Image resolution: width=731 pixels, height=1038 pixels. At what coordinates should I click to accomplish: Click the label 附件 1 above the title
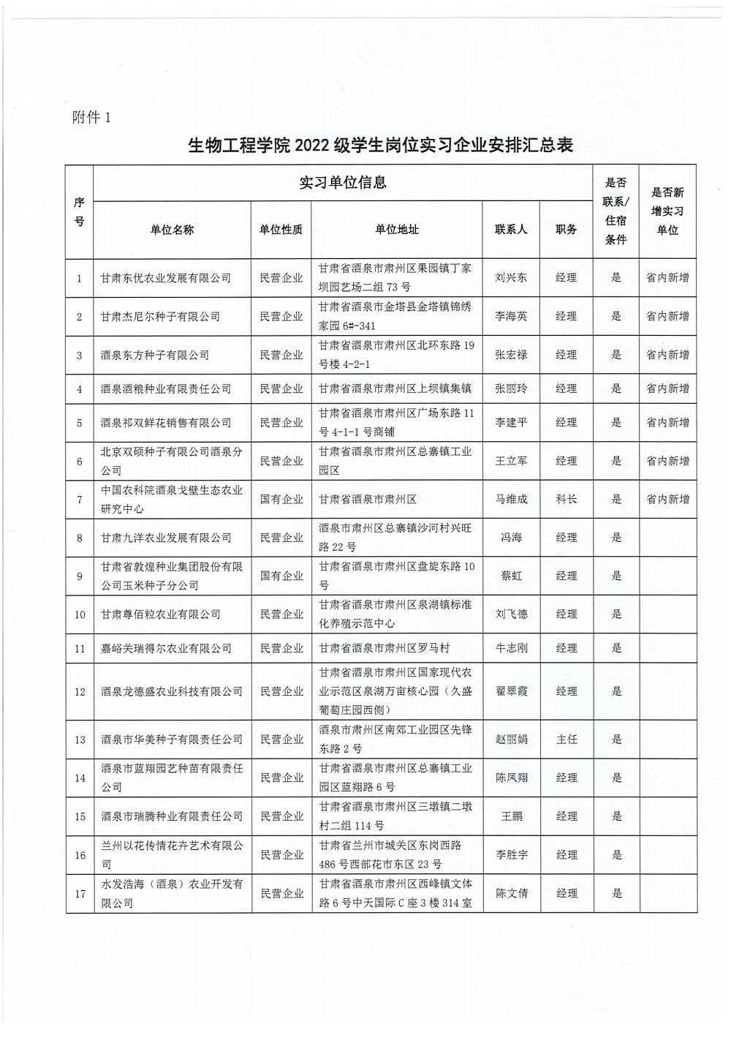(x=91, y=117)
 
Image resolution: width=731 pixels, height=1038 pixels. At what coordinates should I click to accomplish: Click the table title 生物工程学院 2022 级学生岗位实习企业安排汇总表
(x=380, y=145)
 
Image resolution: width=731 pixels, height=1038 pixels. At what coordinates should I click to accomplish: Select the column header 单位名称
(x=172, y=230)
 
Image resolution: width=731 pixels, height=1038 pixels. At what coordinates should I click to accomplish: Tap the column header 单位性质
(x=281, y=230)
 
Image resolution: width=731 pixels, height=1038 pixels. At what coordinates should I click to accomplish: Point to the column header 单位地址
(x=397, y=230)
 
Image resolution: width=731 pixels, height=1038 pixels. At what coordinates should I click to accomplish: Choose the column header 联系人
(x=511, y=230)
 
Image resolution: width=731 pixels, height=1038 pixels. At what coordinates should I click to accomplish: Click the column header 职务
(x=566, y=230)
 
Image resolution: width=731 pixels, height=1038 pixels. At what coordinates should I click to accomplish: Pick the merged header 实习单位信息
(x=343, y=183)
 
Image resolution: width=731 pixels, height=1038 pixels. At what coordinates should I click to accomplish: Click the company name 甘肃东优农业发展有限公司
(x=166, y=278)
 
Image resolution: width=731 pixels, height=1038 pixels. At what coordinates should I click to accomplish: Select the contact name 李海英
(x=511, y=317)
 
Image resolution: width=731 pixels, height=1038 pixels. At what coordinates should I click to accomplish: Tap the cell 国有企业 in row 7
(x=281, y=500)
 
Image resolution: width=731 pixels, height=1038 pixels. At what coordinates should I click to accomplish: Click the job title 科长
(x=566, y=500)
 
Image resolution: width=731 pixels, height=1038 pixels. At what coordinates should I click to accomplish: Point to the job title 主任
(x=566, y=740)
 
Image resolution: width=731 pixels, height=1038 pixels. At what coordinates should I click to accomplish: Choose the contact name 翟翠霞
(x=511, y=691)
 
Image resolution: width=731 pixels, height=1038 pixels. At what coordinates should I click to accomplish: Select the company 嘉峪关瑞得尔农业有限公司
(x=166, y=648)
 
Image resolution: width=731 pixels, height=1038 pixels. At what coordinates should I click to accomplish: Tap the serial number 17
(x=80, y=893)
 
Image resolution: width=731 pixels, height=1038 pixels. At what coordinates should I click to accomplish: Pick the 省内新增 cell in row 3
(x=667, y=355)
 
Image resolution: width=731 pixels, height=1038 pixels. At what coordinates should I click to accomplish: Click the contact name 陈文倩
(x=511, y=893)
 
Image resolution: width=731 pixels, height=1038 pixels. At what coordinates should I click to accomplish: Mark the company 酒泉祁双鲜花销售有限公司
(x=166, y=423)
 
